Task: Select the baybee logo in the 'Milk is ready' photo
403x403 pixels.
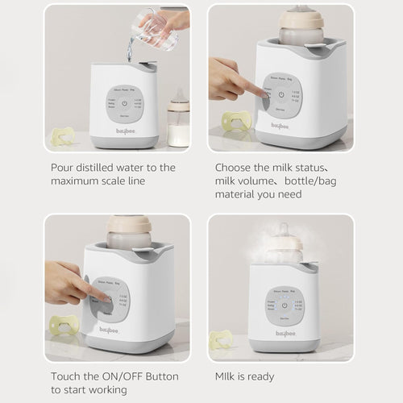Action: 281,332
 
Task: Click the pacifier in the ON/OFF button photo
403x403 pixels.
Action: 64,325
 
